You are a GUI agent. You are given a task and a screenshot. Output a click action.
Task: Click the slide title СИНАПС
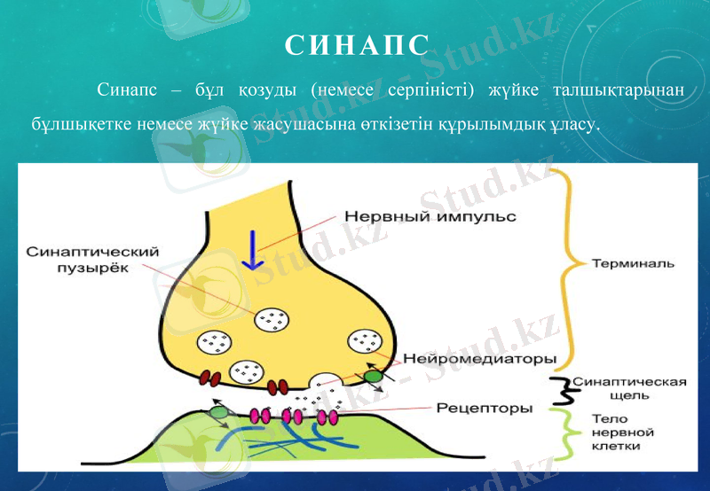pos(356,45)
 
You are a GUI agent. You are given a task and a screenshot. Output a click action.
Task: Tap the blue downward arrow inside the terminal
pos(255,249)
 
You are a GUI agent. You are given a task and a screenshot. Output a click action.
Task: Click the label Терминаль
pos(633,263)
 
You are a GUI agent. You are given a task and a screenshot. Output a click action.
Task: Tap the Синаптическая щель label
pos(628,388)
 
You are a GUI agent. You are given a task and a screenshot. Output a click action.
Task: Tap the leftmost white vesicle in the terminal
pos(213,340)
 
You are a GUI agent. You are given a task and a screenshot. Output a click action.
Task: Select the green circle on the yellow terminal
pos(374,377)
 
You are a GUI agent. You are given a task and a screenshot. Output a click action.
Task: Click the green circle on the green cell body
pos(218,412)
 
